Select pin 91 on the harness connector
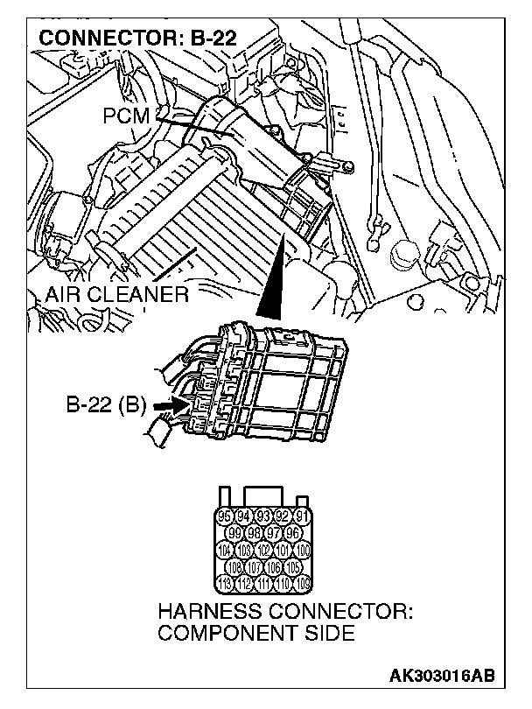click(x=303, y=516)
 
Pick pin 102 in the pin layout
click(x=265, y=551)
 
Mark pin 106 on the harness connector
click(x=274, y=568)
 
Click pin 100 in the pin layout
click(x=303, y=551)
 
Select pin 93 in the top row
click(x=265, y=516)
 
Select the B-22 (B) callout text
click(x=105, y=406)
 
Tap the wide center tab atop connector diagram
click(x=265, y=495)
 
